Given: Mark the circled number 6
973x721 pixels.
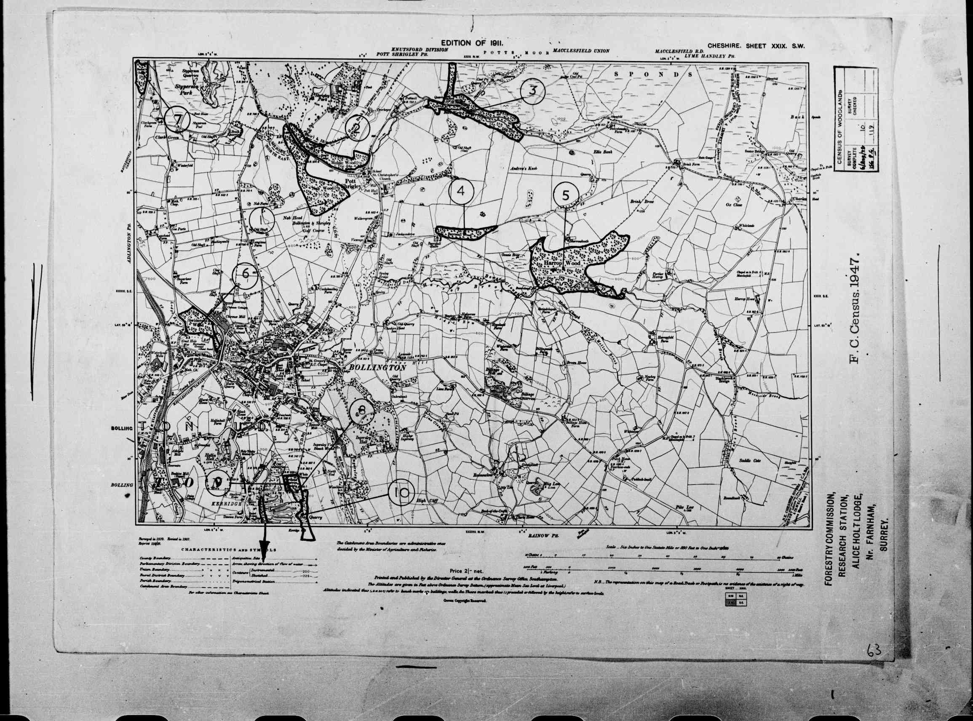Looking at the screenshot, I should [245, 275].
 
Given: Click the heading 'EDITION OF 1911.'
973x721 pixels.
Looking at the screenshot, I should [472, 43].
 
